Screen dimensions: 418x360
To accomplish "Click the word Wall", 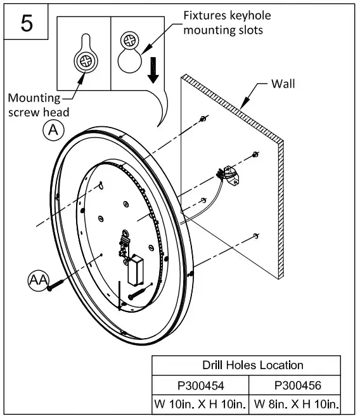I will coord(283,83).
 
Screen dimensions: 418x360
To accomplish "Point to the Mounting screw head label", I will coord(39,105).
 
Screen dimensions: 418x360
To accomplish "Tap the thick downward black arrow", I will coord(153,69).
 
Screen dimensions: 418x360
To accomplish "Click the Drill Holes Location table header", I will coord(252,365).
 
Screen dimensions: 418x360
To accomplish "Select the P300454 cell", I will coord(200,384).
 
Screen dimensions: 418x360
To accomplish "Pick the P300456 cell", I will coord(295,384).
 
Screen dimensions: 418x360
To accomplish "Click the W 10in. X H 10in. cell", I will coord(200,403).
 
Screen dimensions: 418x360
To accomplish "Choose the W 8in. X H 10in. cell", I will coord(295,403).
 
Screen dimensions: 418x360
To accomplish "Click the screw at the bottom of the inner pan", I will coord(134,295).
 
